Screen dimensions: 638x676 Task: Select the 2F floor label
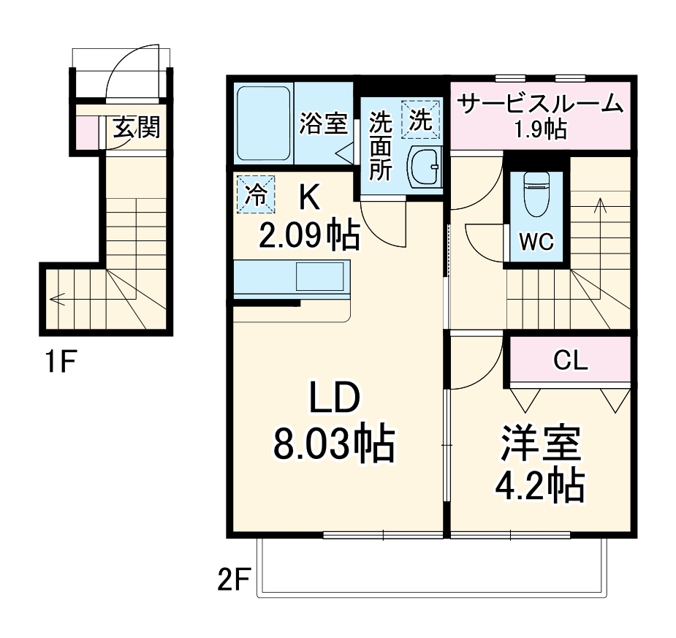(234, 582)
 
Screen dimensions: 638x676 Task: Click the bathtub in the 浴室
(264, 124)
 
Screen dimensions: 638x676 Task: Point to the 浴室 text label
(322, 124)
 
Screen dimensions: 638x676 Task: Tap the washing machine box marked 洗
(420, 119)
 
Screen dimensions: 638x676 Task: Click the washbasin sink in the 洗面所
(423, 167)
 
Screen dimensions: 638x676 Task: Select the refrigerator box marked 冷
(256, 194)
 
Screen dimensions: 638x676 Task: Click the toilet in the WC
(536, 194)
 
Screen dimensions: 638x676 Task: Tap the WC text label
(536, 242)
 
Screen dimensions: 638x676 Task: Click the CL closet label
(570, 360)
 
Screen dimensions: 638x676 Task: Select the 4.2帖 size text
(541, 485)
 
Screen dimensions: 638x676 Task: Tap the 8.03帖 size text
(334, 444)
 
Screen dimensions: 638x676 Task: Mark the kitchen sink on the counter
(319, 277)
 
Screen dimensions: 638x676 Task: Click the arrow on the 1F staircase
(58, 299)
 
